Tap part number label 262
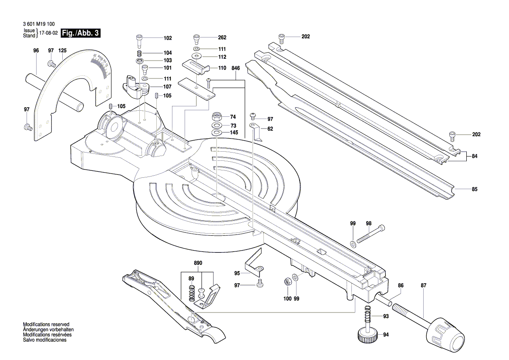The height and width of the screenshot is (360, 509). point(222,37)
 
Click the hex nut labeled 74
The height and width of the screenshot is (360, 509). point(216,117)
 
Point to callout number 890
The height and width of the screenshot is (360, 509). point(199,263)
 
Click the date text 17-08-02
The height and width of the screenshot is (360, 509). point(48,33)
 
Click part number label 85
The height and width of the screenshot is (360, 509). point(474,189)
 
